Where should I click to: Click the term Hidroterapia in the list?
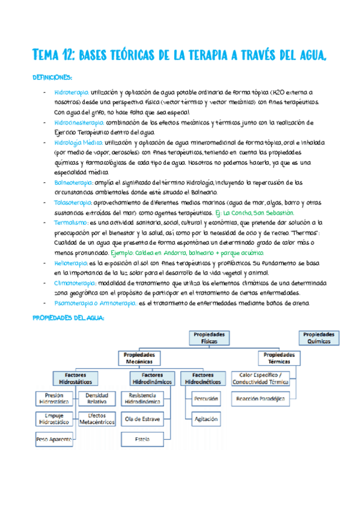tap(71, 93)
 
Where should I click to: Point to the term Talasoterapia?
tap(72, 202)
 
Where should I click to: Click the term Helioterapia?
tap(72, 263)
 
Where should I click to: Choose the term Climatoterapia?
tap(75, 283)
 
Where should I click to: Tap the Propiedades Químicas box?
tap(325, 337)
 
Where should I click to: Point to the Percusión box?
tap(206, 398)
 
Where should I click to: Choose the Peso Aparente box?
tap(53, 440)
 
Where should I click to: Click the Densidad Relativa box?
tap(97, 398)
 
